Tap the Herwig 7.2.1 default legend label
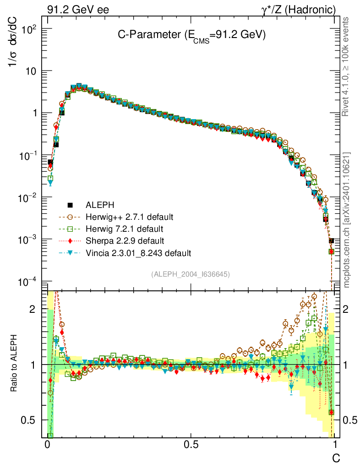coord(125,229)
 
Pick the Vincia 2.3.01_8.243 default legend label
coord(138,252)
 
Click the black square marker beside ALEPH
coord(70,205)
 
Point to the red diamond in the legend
coord(70,240)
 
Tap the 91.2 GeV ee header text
coord(78,9)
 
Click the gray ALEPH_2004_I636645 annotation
coord(190,274)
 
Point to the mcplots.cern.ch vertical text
coord(347,220)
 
